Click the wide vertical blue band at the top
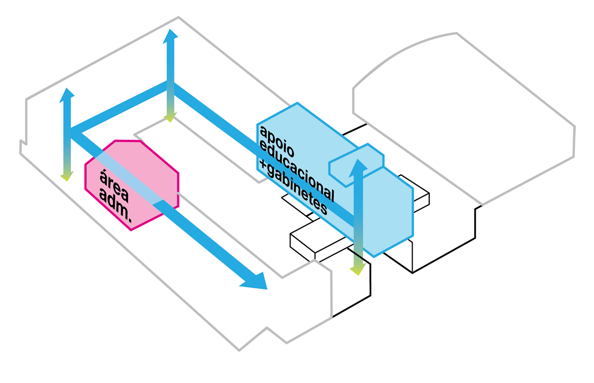tap(306, 56)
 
